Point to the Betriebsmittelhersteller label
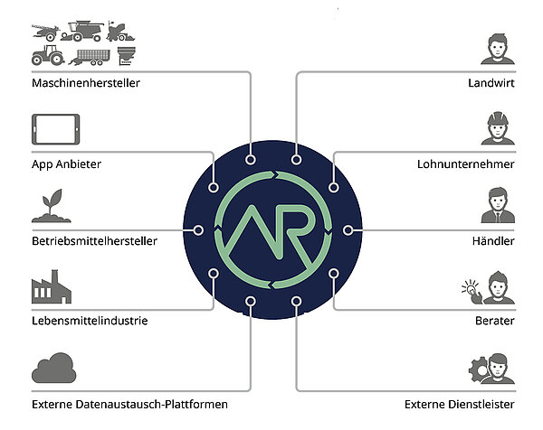(94, 241)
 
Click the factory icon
(52, 288)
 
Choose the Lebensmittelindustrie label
(90, 321)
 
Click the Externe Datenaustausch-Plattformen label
(129, 403)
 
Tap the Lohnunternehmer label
(466, 164)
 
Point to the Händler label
(493, 241)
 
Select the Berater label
(494, 321)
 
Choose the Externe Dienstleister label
(459, 403)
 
